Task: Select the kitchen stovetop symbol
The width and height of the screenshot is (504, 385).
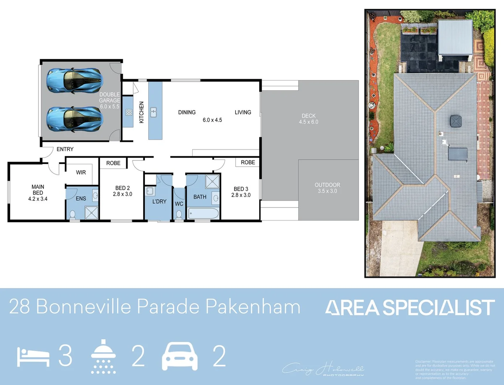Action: [129, 112]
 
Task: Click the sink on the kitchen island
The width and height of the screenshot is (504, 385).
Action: [153, 113]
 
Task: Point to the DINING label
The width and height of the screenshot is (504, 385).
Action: [187, 112]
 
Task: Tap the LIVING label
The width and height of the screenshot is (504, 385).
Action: [243, 112]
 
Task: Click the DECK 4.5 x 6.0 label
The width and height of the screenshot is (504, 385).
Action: [309, 119]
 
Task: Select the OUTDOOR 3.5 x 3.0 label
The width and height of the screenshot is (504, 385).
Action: [327, 188]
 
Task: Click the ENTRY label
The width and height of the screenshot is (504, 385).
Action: [65, 149]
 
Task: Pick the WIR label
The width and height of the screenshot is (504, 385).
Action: [81, 172]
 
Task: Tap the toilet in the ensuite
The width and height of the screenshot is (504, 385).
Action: [73, 215]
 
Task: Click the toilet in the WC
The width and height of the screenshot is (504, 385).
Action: [179, 215]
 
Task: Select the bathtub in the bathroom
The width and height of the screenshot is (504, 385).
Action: [203, 214]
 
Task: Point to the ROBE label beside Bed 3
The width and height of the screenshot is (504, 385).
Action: [248, 162]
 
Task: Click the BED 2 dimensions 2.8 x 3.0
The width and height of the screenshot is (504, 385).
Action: [122, 194]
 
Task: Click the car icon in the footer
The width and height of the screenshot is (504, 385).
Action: [180, 356]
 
